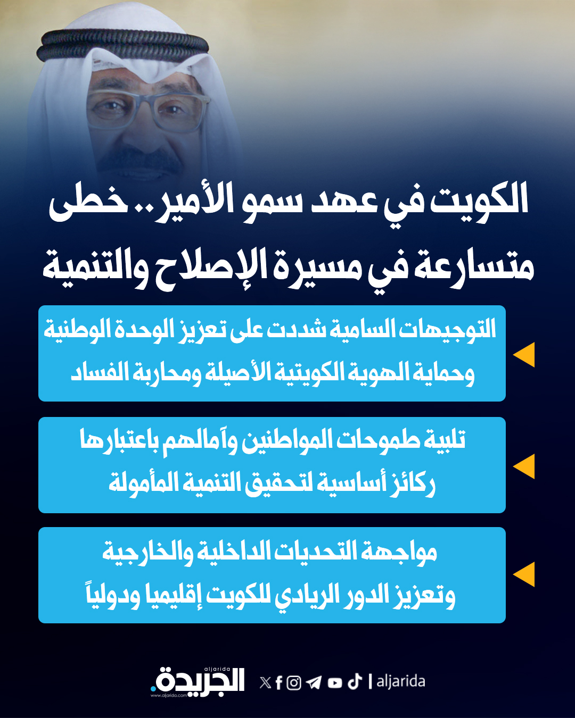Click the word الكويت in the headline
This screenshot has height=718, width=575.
[479, 201]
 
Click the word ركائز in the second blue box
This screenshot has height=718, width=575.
[413, 484]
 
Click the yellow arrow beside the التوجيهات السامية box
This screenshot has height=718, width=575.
[524, 355]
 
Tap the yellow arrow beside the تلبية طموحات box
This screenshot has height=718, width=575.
[524, 466]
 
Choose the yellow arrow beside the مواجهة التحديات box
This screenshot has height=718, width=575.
[524, 574]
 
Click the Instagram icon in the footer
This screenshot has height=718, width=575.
[294, 682]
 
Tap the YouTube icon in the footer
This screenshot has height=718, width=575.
[335, 683]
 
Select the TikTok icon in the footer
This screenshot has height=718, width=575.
[355, 681]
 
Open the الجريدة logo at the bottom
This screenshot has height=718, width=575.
[198, 681]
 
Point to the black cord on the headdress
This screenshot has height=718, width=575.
[122, 45]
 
